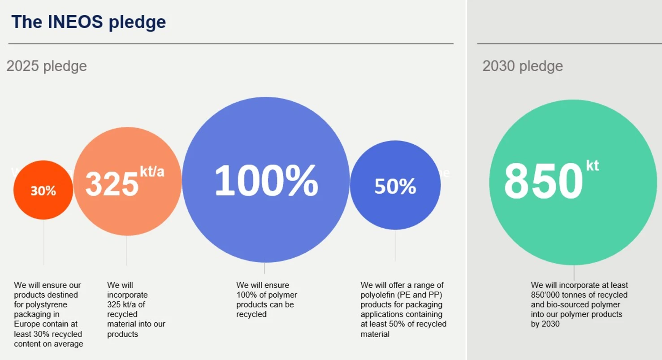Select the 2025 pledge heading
click(47, 66)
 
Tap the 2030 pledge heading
click(523, 66)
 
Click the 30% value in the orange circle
click(43, 191)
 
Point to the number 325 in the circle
click(112, 184)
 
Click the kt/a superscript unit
click(152, 171)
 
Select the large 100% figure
click(266, 181)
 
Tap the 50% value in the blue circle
click(395, 187)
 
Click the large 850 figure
click(543, 182)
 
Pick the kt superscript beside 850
click(592, 165)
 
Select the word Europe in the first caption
click(26, 324)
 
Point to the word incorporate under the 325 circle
click(127, 295)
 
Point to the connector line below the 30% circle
click(44, 242)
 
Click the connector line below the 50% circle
click(395, 245)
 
